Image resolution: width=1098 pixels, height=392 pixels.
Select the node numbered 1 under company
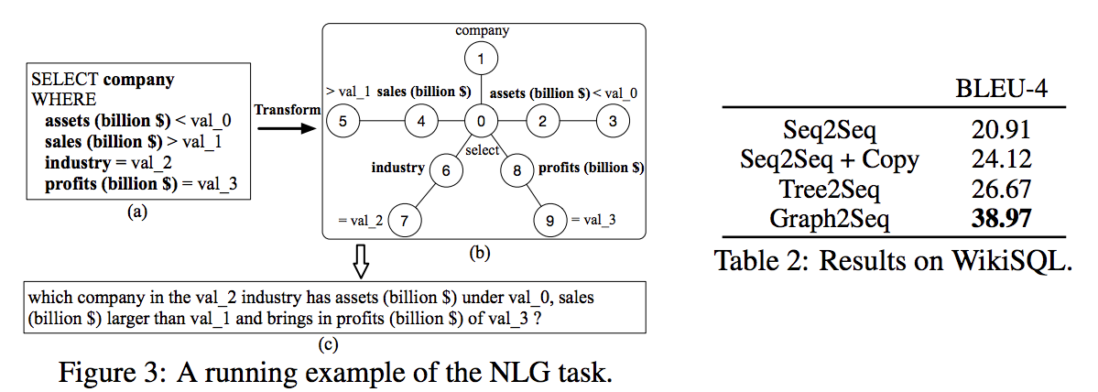(484, 60)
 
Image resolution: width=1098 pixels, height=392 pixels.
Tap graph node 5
(343, 120)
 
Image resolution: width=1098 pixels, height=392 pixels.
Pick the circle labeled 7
(405, 220)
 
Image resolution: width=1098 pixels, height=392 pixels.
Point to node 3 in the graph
(614, 120)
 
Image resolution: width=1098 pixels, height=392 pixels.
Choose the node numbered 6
(446, 170)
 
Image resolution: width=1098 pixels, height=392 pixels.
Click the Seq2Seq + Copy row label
(830, 159)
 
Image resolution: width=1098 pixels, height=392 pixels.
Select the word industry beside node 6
(397, 168)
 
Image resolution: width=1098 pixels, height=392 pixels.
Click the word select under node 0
(483, 149)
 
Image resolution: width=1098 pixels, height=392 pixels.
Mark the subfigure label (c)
(327, 345)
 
